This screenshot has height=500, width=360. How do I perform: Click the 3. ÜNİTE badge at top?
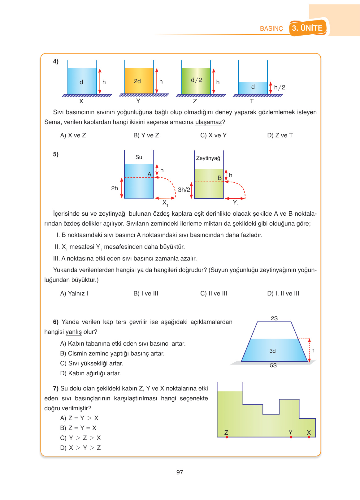[x=308, y=28]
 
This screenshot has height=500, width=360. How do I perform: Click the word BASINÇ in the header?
[x=271, y=28]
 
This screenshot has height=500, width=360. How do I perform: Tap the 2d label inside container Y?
[x=137, y=81]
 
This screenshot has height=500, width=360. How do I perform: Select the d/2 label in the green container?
[x=196, y=80]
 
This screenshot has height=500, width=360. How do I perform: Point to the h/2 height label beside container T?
[x=280, y=88]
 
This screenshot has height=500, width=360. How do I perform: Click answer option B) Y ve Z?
[x=146, y=135]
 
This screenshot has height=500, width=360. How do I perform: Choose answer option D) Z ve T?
[x=280, y=135]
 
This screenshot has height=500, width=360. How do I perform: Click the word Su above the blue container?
[x=139, y=157]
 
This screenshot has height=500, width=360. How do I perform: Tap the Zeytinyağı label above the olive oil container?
[x=209, y=158]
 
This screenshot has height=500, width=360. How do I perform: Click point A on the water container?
[x=150, y=175]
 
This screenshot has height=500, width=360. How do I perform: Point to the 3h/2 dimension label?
[x=184, y=190]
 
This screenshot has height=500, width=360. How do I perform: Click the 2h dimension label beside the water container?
[x=115, y=188]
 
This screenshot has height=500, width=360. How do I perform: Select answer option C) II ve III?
[x=214, y=293]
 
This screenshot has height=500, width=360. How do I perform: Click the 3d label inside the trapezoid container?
[x=272, y=351]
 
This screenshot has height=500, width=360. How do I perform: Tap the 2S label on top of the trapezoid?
[x=274, y=318]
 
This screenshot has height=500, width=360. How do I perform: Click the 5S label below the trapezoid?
[x=273, y=365]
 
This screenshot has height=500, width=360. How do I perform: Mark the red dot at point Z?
[x=227, y=437]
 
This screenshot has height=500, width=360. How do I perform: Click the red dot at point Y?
[x=291, y=437]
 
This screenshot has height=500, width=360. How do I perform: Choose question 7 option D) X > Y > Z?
[x=80, y=448]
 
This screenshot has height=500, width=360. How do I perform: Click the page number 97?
[x=180, y=472]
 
